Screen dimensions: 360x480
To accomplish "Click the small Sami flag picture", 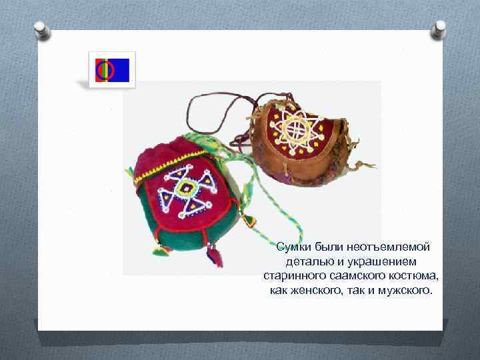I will coord(113,69).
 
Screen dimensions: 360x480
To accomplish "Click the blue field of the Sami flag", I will coord(122,69).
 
